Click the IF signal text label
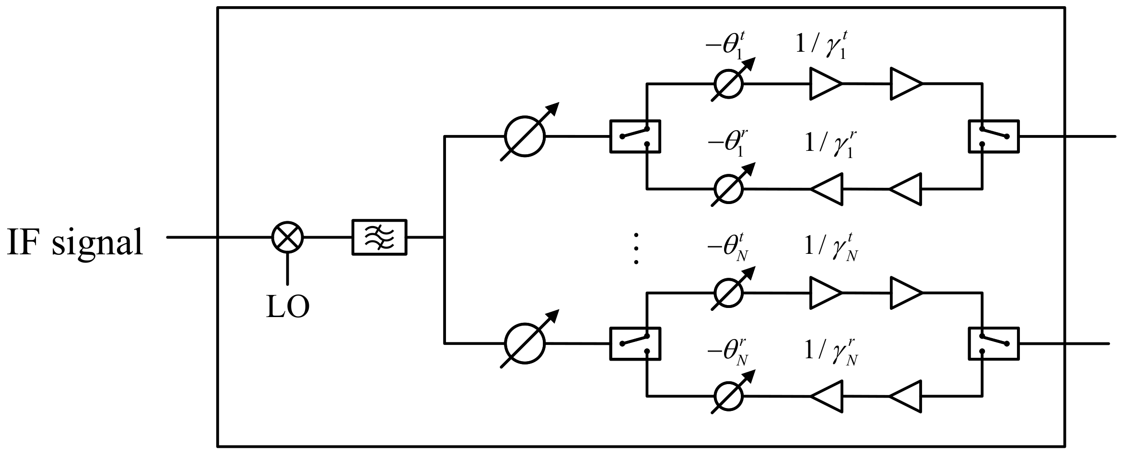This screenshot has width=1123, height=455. (75, 242)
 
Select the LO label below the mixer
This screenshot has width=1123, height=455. (288, 307)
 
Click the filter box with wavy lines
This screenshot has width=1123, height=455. (379, 237)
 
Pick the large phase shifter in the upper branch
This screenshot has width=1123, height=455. (525, 136)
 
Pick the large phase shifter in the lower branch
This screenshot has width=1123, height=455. (525, 343)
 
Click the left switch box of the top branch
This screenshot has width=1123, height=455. (635, 136)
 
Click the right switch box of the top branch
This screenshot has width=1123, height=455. (994, 136)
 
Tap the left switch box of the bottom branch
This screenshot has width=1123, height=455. (635, 343)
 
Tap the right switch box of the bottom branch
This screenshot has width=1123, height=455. (994, 343)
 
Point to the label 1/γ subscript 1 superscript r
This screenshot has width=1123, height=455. (829, 145)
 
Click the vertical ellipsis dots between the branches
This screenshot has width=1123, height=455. (636, 249)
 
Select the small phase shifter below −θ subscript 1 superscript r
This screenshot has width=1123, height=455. (728, 188)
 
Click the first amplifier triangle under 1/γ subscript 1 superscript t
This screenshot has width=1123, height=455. (825, 84)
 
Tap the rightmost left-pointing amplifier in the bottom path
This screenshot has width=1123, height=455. (906, 396)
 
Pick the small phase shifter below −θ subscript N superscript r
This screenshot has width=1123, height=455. (728, 396)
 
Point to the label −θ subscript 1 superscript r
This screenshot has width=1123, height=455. (727, 145)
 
